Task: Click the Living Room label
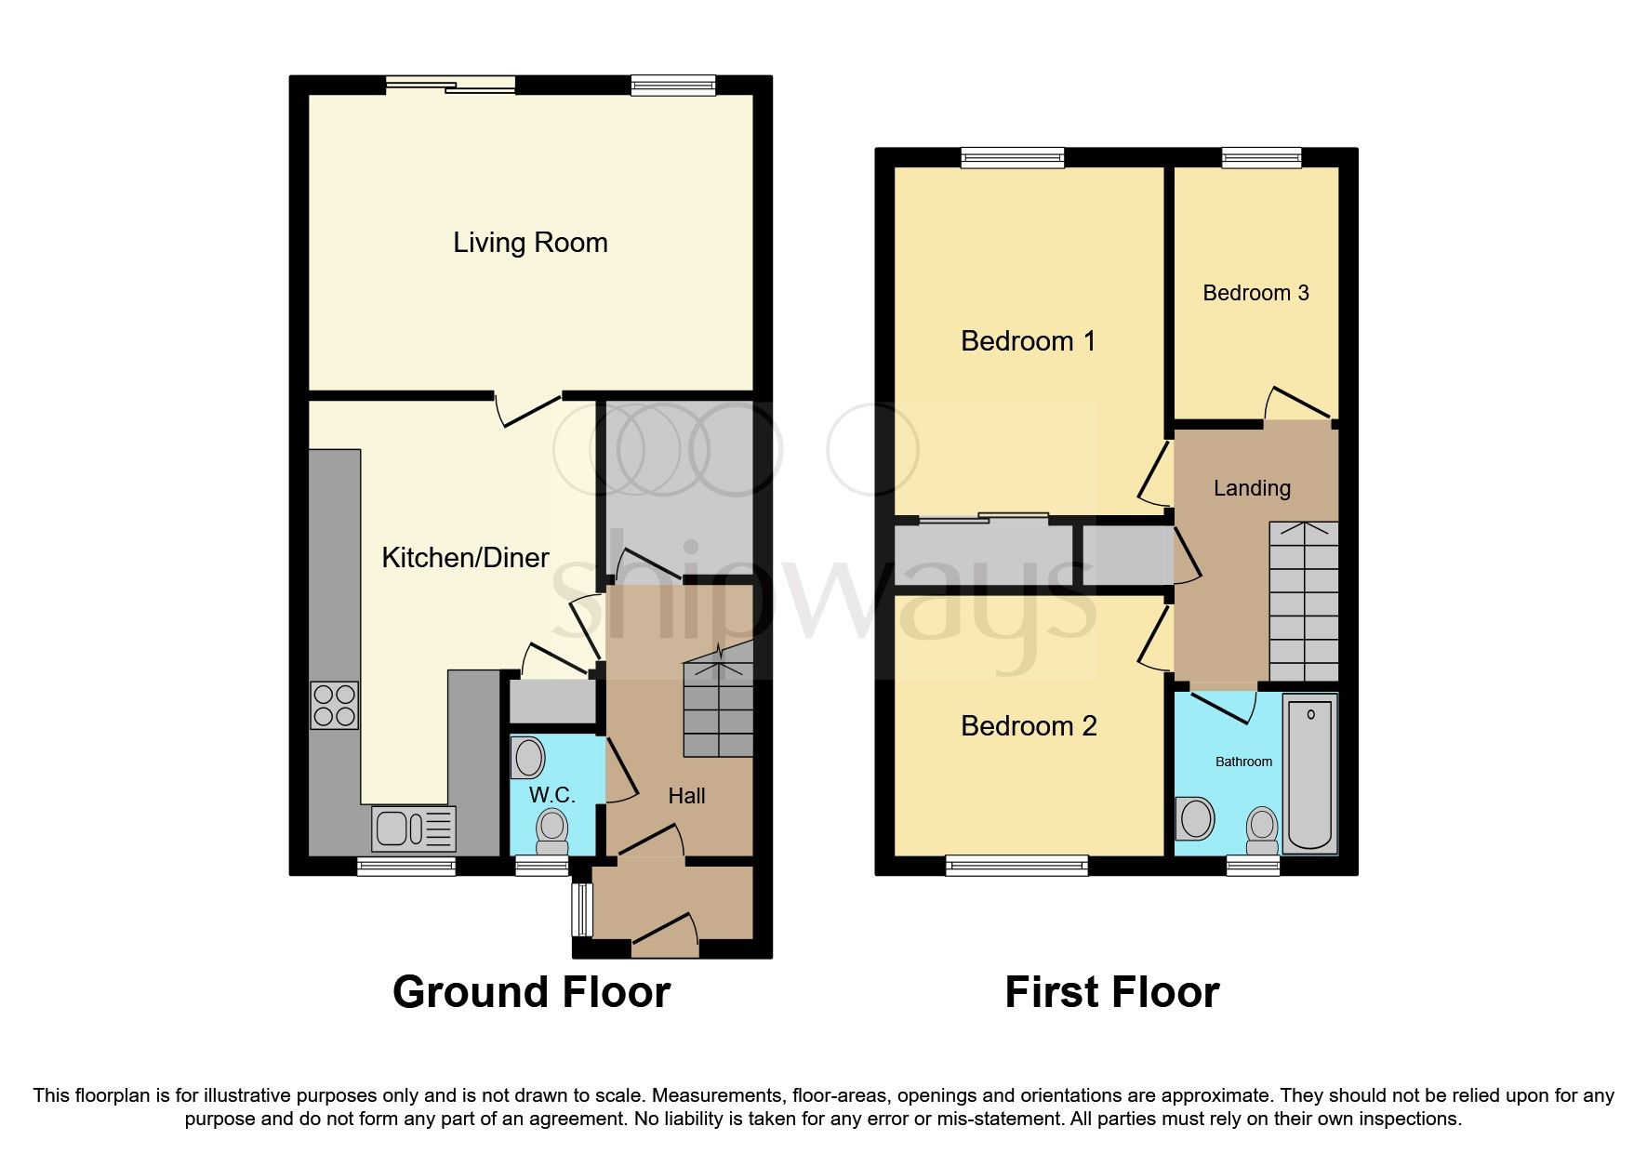(530, 243)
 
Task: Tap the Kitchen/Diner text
(465, 557)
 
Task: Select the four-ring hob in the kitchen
(334, 705)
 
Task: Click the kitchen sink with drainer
(414, 828)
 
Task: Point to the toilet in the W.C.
(552, 829)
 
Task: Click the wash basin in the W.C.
(528, 758)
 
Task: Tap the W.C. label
(551, 795)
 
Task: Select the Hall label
(686, 796)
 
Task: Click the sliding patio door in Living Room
(451, 86)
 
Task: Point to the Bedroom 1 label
(1028, 341)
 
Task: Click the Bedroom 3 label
(1255, 293)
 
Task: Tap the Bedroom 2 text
(1029, 726)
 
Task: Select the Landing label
(1252, 488)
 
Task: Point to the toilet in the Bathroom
(1262, 829)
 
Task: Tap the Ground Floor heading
(531, 992)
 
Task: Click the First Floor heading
(1111, 992)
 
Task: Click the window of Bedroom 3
(1261, 158)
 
